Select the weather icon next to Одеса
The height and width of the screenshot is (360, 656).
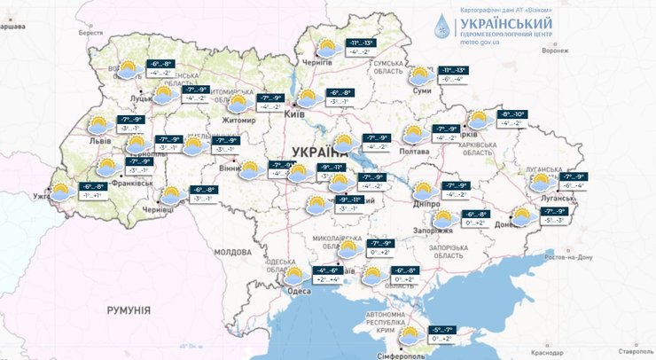pos(293,278)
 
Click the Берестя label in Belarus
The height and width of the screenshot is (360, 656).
pos(90,33)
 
